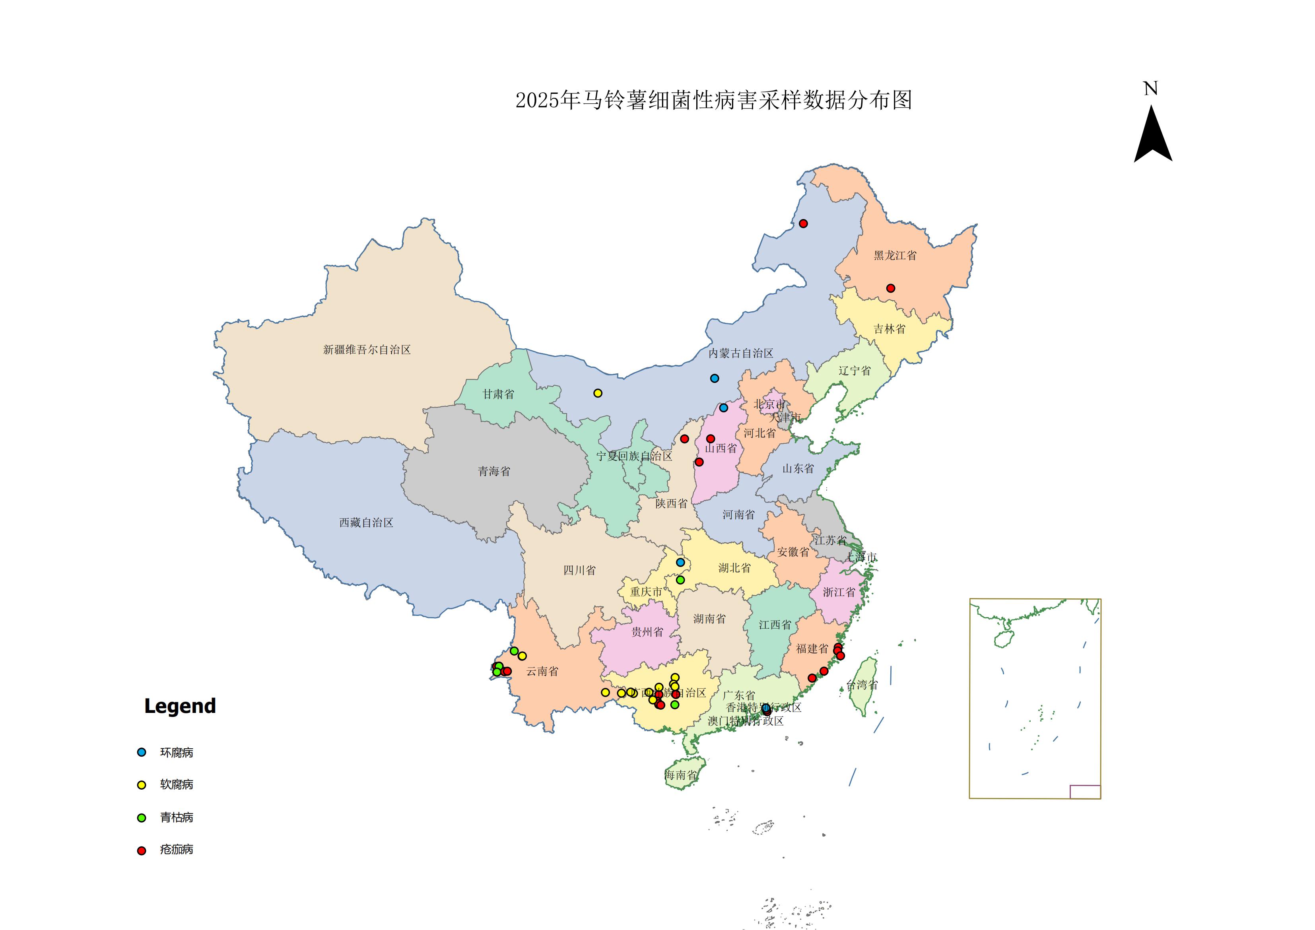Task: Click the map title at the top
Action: (x=713, y=100)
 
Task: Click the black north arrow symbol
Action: (x=1153, y=138)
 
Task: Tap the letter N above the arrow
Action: (x=1151, y=89)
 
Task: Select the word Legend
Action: (x=180, y=706)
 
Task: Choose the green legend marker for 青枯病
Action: (x=142, y=818)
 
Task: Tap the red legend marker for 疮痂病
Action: (x=142, y=850)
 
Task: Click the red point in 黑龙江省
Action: (x=890, y=288)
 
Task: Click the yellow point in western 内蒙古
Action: (x=597, y=393)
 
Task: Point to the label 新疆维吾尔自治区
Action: (x=367, y=349)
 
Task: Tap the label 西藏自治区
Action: (x=366, y=522)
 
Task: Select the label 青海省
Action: (x=494, y=471)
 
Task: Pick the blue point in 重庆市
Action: (x=680, y=562)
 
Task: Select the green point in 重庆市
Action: (x=680, y=580)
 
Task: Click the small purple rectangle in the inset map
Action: (x=1085, y=791)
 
